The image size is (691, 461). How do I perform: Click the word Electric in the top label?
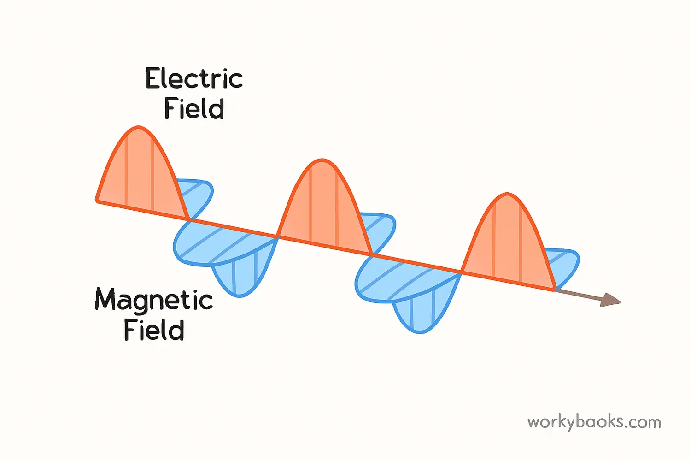[x=194, y=79]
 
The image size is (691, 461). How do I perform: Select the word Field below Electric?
[x=194, y=109]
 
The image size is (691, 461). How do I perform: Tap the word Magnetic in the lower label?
[x=154, y=301]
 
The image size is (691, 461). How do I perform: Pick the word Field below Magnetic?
[x=154, y=330]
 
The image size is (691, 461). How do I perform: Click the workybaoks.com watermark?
[x=594, y=422]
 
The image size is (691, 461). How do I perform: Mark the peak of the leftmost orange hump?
[x=137, y=127]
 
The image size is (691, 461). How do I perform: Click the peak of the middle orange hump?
[x=322, y=161]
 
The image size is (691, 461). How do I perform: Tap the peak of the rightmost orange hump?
[x=507, y=195]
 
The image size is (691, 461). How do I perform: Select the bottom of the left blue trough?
[x=239, y=295]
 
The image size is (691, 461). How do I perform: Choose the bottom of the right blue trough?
[x=420, y=331]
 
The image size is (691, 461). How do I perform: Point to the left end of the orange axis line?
[x=97, y=201]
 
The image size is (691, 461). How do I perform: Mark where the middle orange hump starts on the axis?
[x=278, y=237]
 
